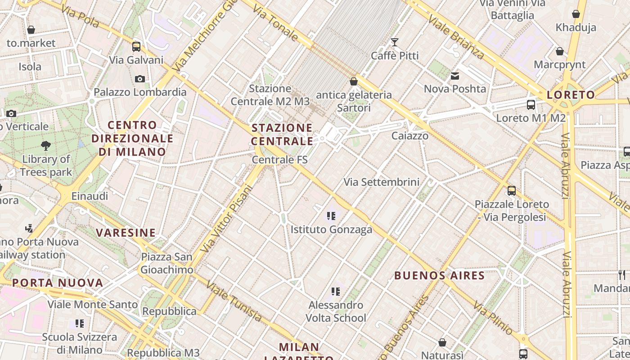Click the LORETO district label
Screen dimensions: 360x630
tap(571, 95)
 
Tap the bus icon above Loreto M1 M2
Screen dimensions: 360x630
tap(531, 105)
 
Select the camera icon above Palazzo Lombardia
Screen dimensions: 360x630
tap(140, 79)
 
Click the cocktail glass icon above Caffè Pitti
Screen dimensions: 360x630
tap(395, 42)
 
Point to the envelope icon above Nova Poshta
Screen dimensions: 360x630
tap(455, 76)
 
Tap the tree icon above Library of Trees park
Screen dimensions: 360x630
tap(45, 145)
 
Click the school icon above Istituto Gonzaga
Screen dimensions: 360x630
tap(332, 216)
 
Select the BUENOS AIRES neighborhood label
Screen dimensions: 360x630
tap(439, 275)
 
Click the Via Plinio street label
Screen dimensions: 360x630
tap(492, 318)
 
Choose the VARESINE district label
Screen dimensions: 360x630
tap(126, 233)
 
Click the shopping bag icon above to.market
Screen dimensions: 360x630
tap(31, 30)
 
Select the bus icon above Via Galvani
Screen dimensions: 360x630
tap(136, 47)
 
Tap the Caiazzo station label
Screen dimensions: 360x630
tap(409, 135)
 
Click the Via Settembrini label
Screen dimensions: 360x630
tap(382, 182)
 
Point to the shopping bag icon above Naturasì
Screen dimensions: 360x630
tap(442, 343)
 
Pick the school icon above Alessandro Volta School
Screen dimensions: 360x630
tap(336, 292)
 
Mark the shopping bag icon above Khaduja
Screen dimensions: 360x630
tap(576, 14)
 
